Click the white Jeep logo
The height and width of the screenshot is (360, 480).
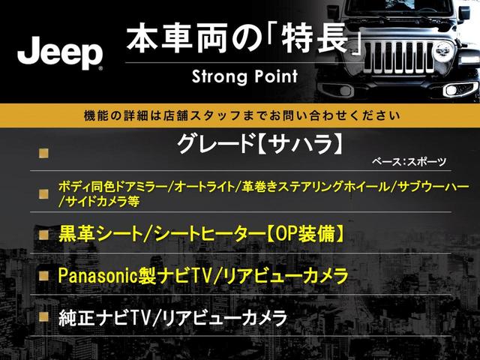[60, 52]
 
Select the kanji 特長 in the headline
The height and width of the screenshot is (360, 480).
[316, 39]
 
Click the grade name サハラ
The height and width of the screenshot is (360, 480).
[298, 144]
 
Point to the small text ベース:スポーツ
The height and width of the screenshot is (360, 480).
[409, 161]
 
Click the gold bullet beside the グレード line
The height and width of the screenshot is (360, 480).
[43, 153]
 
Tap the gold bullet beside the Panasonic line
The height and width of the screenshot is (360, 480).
[43, 276]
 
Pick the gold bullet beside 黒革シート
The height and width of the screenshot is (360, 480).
[43, 235]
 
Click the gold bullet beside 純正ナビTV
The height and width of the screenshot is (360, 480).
[43, 316]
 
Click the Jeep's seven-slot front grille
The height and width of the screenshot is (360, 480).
[399, 58]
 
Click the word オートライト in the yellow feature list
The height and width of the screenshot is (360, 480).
[204, 187]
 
